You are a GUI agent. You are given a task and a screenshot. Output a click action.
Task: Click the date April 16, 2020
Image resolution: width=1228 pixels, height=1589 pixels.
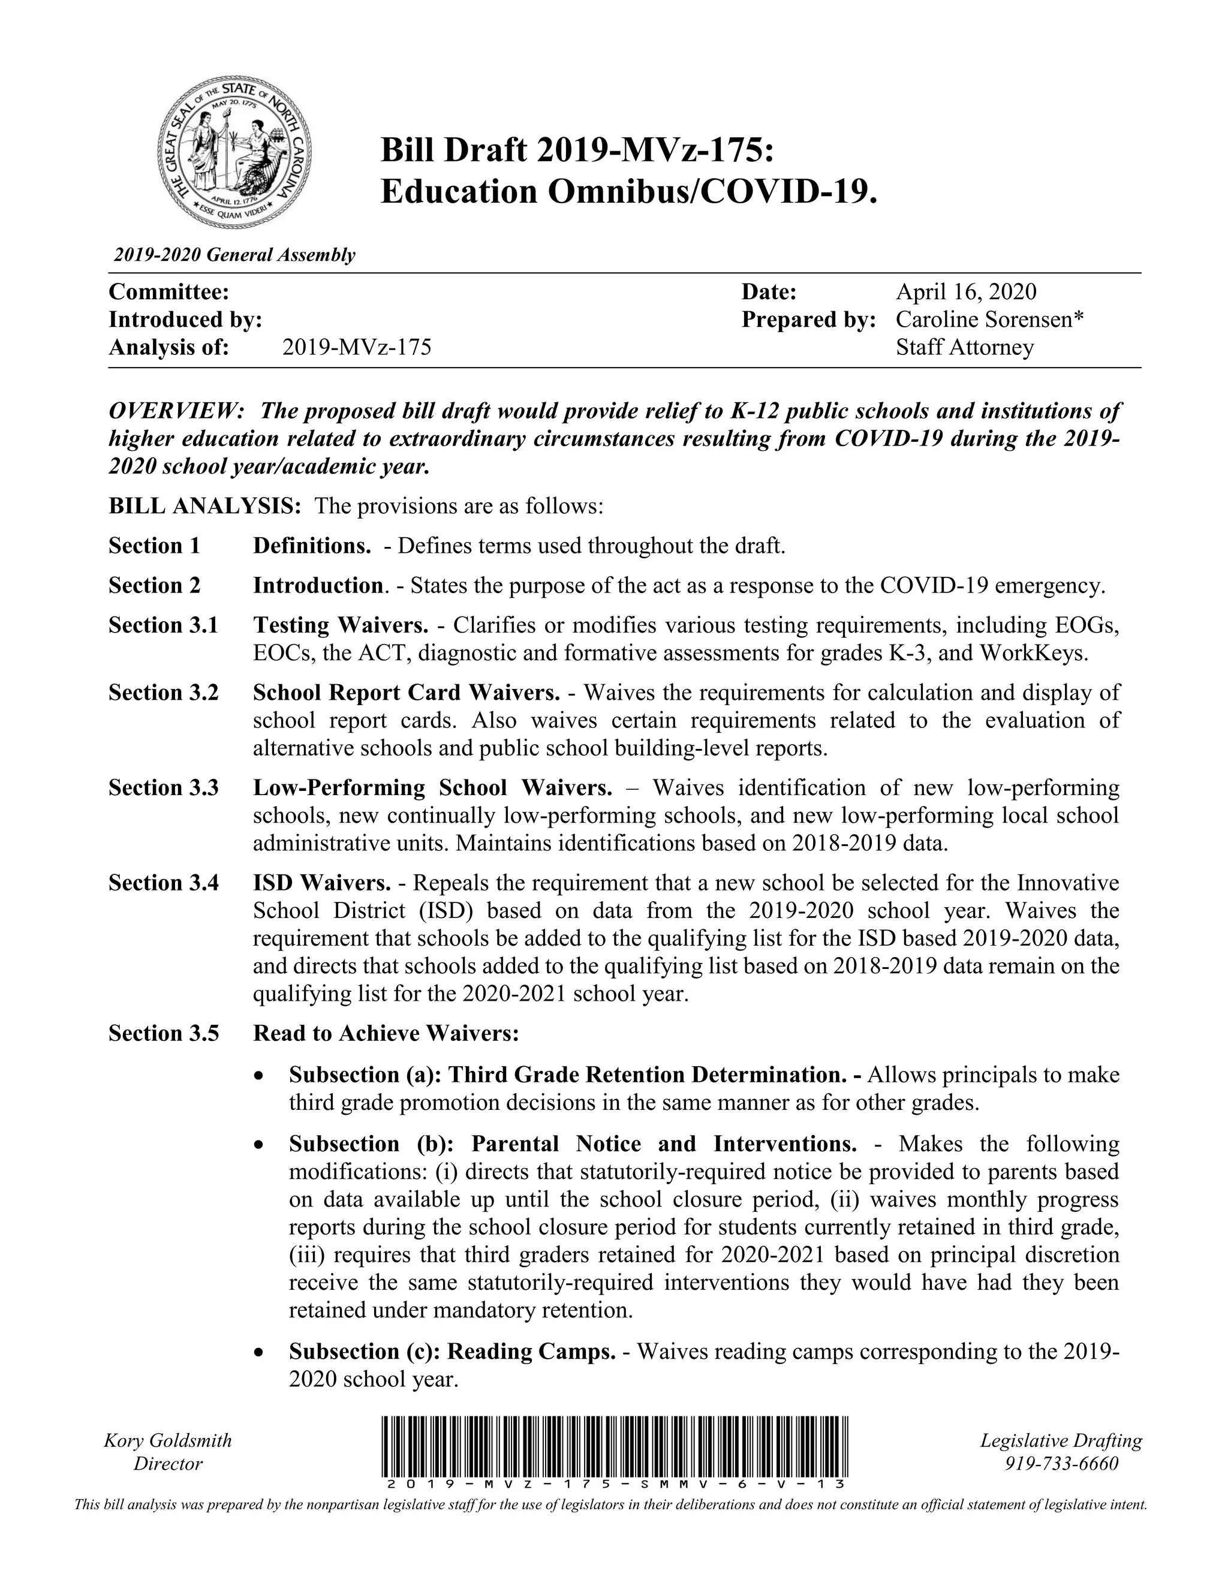click(x=965, y=292)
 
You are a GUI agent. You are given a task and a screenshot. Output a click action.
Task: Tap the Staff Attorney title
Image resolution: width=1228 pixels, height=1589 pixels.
click(x=964, y=347)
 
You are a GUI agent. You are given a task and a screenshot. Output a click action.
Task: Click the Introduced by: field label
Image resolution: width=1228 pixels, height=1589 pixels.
click(x=185, y=320)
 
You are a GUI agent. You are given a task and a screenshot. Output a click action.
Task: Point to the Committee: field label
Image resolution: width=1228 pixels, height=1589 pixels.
click(x=168, y=292)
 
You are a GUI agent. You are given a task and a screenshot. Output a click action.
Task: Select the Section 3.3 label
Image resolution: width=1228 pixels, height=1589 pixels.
click(x=164, y=787)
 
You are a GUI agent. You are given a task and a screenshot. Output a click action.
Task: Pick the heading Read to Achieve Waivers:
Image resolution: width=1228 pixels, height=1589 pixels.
click(x=386, y=1033)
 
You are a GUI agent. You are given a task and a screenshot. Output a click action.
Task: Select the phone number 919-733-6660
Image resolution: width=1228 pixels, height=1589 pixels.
click(x=1061, y=1463)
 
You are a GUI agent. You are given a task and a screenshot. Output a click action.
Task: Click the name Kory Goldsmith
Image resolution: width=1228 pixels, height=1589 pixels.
click(x=168, y=1440)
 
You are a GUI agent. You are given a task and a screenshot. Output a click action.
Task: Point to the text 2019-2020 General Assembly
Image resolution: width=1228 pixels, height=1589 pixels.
click(x=234, y=255)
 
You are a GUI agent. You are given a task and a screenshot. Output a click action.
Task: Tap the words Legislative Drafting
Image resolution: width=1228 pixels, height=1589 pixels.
click(x=1061, y=1440)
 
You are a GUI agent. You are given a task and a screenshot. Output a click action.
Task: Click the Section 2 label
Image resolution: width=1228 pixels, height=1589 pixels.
click(x=154, y=585)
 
